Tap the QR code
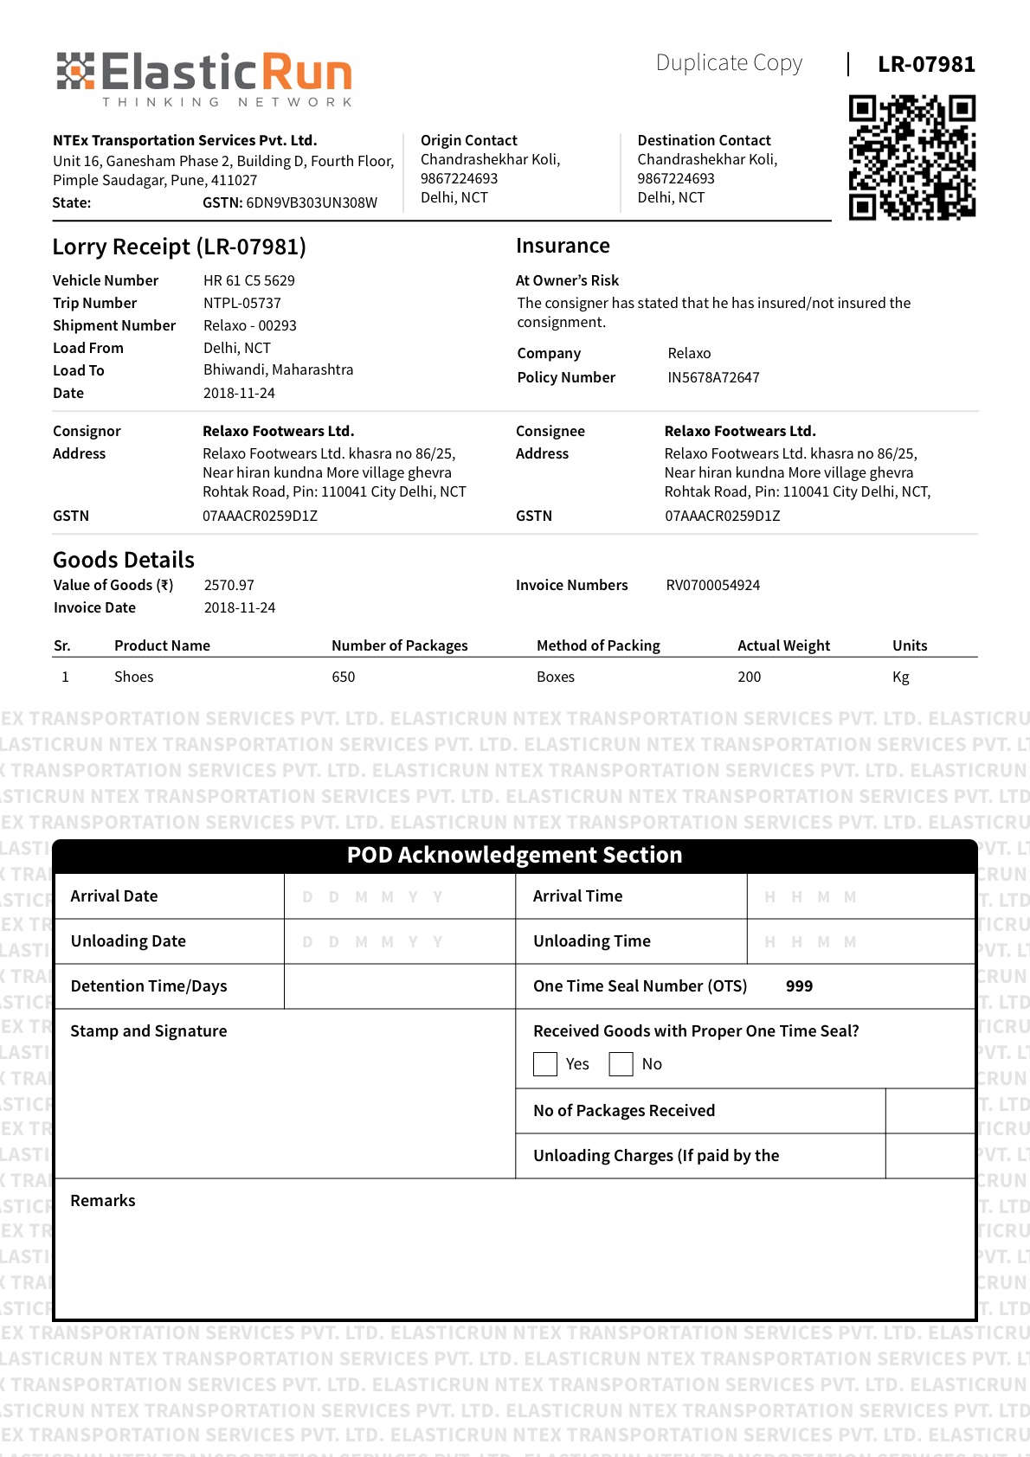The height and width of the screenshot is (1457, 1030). point(911,157)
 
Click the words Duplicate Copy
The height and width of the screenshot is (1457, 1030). point(729,63)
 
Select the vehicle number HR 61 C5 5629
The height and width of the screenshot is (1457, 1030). point(248,280)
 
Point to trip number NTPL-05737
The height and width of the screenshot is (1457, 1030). point(241,303)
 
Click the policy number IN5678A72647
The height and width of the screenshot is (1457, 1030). point(713,377)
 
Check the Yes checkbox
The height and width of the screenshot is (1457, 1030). point(545,1064)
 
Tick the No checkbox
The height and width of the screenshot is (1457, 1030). point(621,1064)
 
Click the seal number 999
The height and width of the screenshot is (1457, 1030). point(799,986)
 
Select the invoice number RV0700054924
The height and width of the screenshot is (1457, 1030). point(712,585)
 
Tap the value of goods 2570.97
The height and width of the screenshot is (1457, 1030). point(229,585)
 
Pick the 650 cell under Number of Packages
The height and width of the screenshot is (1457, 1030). point(343,677)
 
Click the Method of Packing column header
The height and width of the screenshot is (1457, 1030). point(598,645)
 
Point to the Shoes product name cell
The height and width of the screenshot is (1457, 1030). point(133,677)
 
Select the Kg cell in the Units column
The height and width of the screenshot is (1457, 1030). point(900,677)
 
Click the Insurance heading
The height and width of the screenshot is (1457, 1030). point(563,246)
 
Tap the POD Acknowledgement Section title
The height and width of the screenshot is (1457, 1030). point(514,855)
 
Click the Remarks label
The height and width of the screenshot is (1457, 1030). point(103,1201)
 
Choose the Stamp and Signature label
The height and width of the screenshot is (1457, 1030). point(148,1031)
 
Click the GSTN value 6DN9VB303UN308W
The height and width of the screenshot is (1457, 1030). point(312,203)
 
